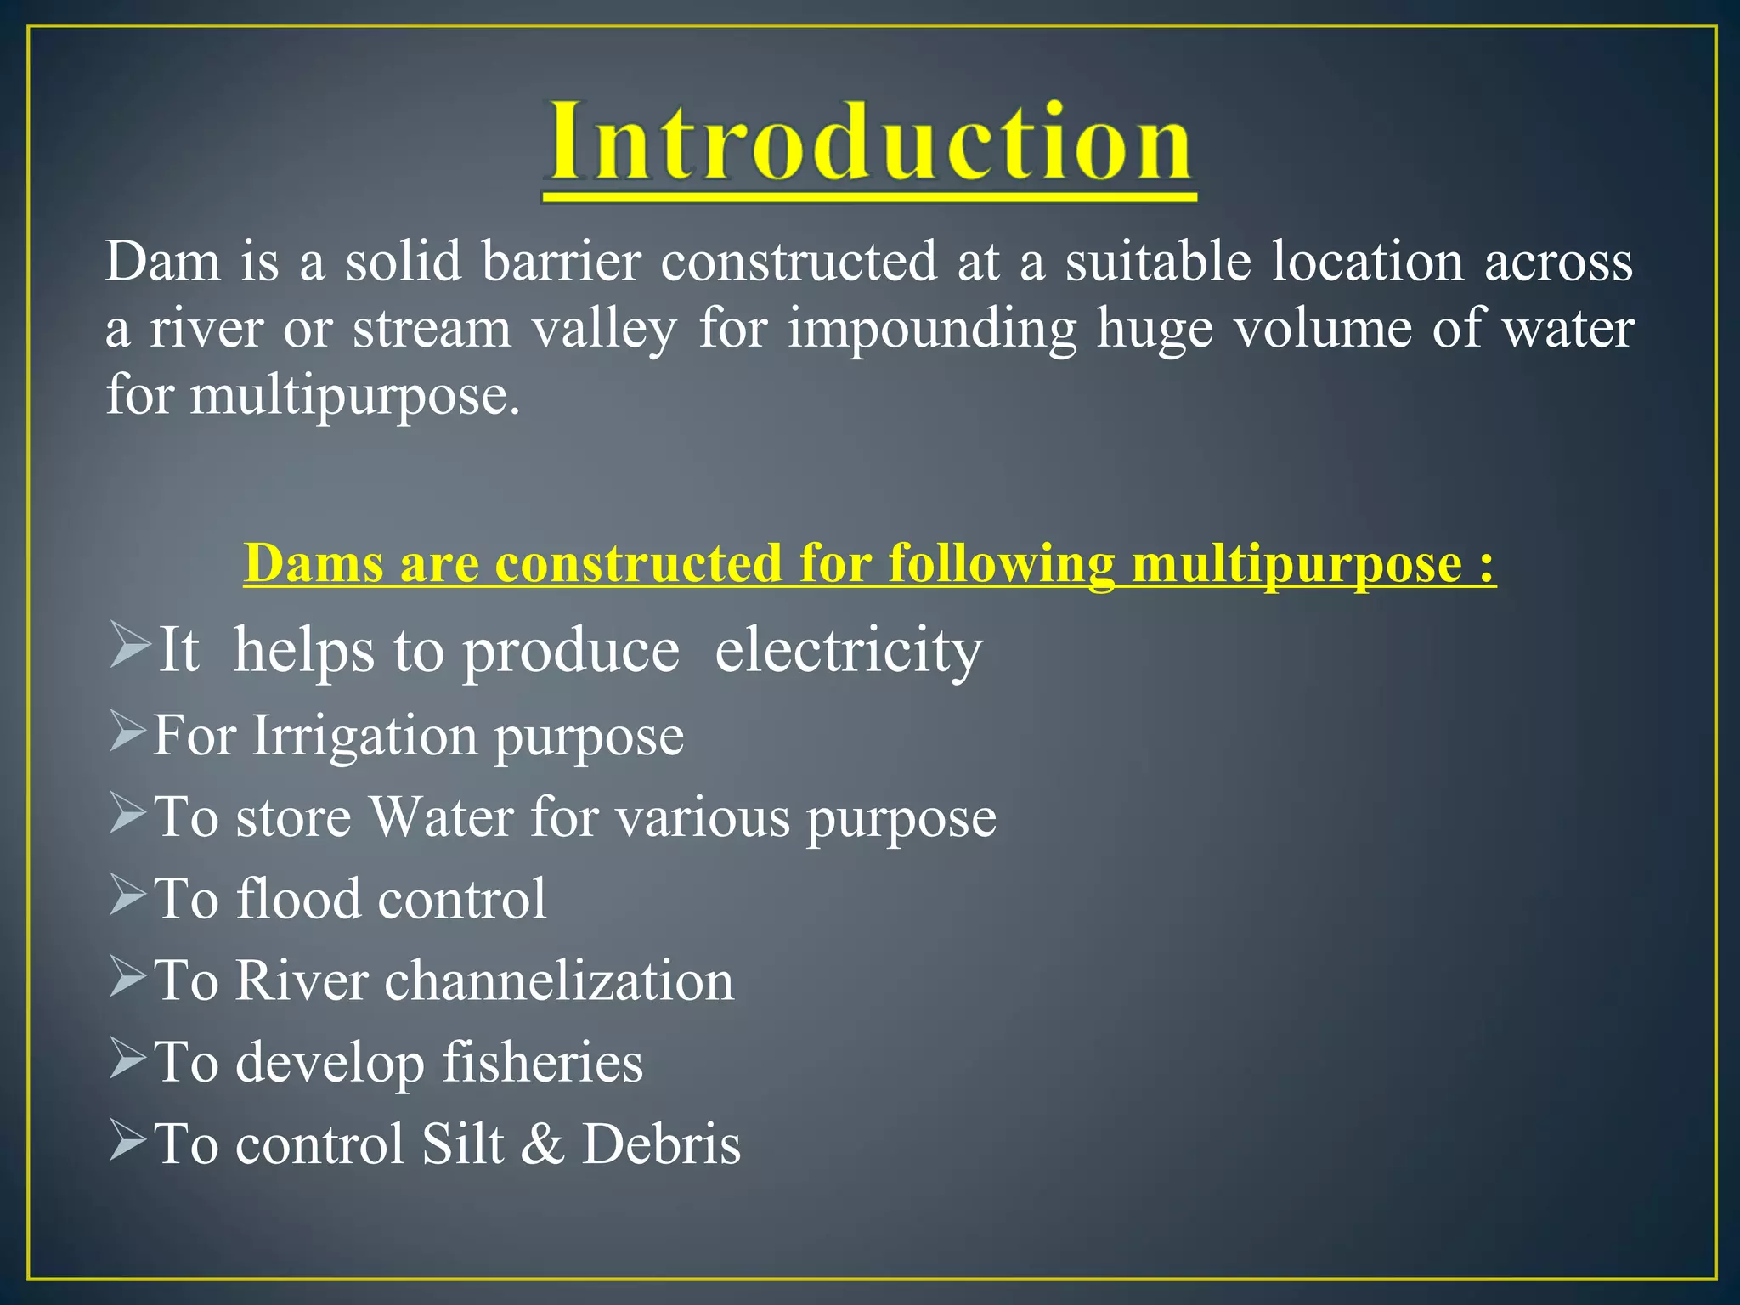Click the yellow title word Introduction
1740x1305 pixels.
pos(868,142)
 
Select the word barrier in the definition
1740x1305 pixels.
pos(562,261)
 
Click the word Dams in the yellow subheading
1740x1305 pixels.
pos(314,563)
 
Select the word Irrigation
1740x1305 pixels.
pos(364,735)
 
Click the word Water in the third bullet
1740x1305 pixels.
pos(441,817)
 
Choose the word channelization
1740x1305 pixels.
pos(559,980)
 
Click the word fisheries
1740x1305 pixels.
pos(542,1062)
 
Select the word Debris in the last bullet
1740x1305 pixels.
pos(661,1144)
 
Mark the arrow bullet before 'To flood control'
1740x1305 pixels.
pos(129,897)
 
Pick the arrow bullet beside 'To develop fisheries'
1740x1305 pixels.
pos(129,1060)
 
